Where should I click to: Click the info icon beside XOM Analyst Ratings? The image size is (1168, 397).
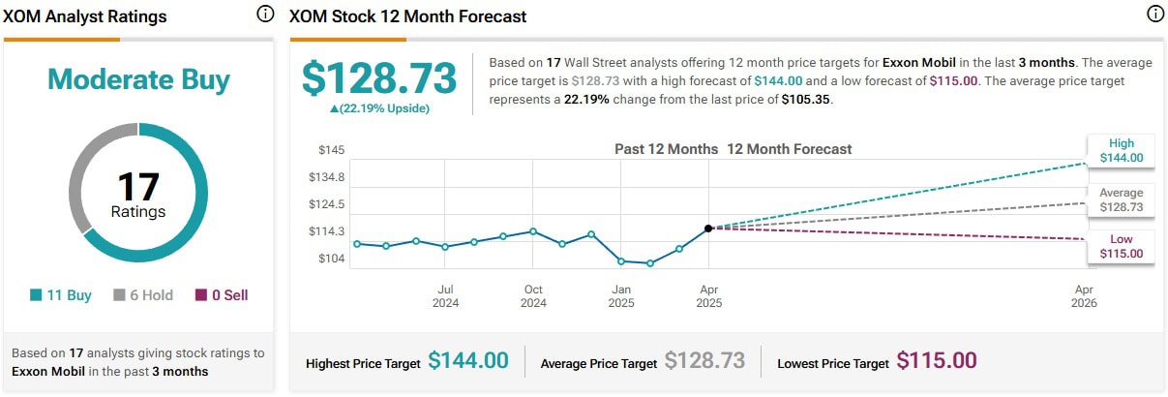click(x=265, y=15)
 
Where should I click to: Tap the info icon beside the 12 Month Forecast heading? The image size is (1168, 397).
click(x=1154, y=15)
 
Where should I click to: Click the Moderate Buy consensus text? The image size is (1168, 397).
click(x=138, y=79)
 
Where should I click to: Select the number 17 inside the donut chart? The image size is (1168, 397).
click(x=137, y=187)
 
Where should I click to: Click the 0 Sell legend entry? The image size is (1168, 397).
click(x=222, y=295)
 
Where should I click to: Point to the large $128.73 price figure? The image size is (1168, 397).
click(x=378, y=77)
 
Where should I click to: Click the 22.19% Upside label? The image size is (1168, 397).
click(x=379, y=108)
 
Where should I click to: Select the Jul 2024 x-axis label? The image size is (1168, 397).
click(x=445, y=296)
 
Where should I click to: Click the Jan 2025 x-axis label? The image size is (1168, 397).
click(x=621, y=296)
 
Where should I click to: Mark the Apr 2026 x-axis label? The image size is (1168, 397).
click(x=1084, y=296)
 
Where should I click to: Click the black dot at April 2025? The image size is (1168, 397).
click(x=708, y=229)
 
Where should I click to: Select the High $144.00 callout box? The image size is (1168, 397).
click(x=1121, y=150)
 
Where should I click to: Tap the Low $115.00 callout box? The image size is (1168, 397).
click(x=1121, y=246)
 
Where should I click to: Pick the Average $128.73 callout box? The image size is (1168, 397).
click(x=1121, y=199)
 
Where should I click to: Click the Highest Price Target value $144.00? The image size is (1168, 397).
click(x=467, y=361)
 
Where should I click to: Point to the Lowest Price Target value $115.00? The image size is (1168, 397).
click(x=936, y=361)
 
